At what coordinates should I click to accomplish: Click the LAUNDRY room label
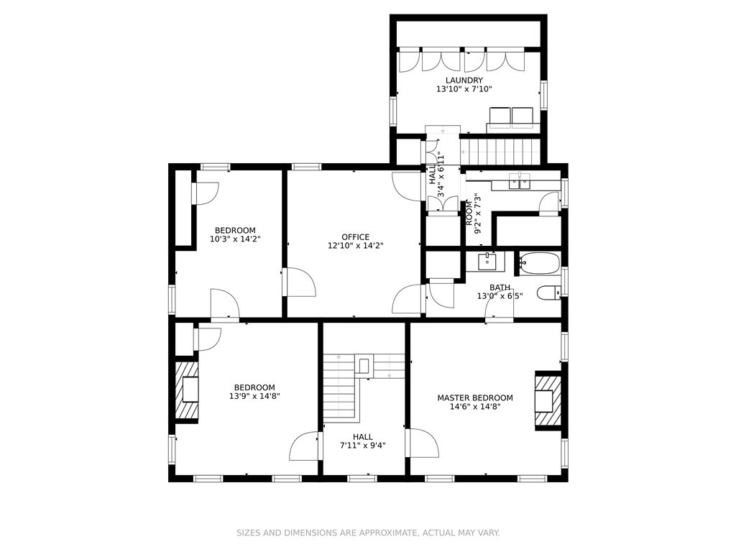[464, 80]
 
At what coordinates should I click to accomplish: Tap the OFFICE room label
[355, 236]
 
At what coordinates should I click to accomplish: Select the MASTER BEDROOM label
[475, 397]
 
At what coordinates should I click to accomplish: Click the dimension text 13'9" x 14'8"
[254, 396]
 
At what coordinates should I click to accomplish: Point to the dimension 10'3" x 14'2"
[234, 239]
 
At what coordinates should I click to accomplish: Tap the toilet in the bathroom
[549, 293]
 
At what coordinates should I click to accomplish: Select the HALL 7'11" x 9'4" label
[362, 441]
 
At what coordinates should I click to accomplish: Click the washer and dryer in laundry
[511, 115]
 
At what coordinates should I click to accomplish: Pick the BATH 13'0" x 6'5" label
[500, 291]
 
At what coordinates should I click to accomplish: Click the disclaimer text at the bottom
[368, 533]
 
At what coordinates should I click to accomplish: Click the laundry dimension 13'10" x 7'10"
[464, 90]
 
